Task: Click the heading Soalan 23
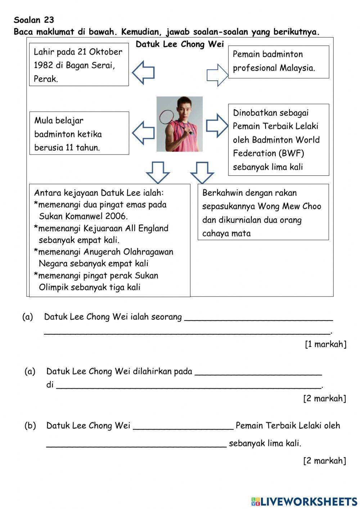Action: pyautogui.click(x=34, y=20)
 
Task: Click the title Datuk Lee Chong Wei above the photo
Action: pyautogui.click(x=180, y=44)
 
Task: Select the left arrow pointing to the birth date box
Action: pyautogui.click(x=143, y=72)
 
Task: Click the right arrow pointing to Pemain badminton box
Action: pyautogui.click(x=217, y=75)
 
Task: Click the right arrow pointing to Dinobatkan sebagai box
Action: pyautogui.click(x=217, y=126)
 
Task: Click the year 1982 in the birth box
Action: pyautogui.click(x=43, y=66)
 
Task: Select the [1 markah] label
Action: pyautogui.click(x=325, y=344)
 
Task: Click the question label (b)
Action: pyautogui.click(x=30, y=425)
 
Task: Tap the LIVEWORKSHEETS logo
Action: pyautogui.click(x=304, y=501)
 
